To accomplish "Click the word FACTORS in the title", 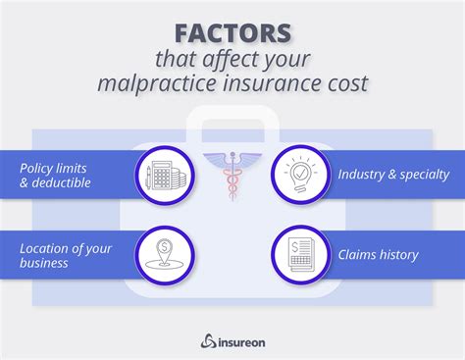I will (232, 34).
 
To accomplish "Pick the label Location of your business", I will (66, 255).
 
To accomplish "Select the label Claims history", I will (378, 255).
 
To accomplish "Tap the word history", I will (397, 255).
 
